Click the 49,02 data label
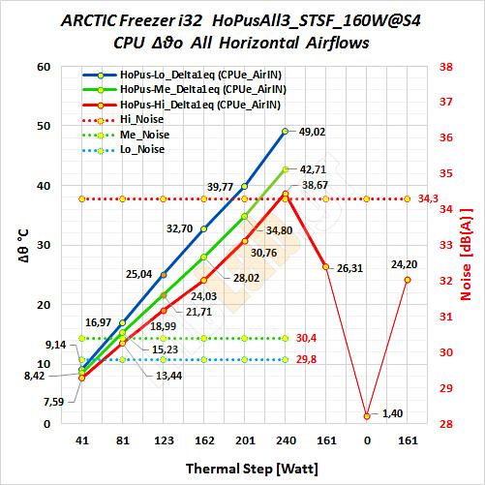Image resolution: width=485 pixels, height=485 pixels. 312,132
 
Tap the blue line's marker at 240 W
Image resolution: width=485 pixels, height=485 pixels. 285,132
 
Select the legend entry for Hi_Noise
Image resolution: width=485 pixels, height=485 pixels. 123,120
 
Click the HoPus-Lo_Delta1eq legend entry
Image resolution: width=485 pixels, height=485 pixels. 182,75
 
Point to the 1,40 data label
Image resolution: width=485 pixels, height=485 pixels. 392,413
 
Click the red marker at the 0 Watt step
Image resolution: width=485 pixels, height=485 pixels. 367,416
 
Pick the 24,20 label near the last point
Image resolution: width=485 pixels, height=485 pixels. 405,264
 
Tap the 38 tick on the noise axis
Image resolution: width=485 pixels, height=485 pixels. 446,67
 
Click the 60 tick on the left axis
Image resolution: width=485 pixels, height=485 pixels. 45,67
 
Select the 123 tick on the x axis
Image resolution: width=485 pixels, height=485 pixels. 164,440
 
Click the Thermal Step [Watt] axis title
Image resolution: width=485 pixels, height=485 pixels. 252,469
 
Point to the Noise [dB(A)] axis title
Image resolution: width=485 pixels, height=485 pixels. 466,255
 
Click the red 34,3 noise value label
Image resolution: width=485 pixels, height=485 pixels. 428,198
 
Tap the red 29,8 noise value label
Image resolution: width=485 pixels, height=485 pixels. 306,359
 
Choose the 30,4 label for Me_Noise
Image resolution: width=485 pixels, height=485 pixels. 306,338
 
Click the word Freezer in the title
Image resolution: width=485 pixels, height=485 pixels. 147,21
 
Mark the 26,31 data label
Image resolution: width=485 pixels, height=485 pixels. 349,268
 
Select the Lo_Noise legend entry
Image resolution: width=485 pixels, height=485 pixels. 124,150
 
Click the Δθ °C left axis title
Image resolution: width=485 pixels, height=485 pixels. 23,246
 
